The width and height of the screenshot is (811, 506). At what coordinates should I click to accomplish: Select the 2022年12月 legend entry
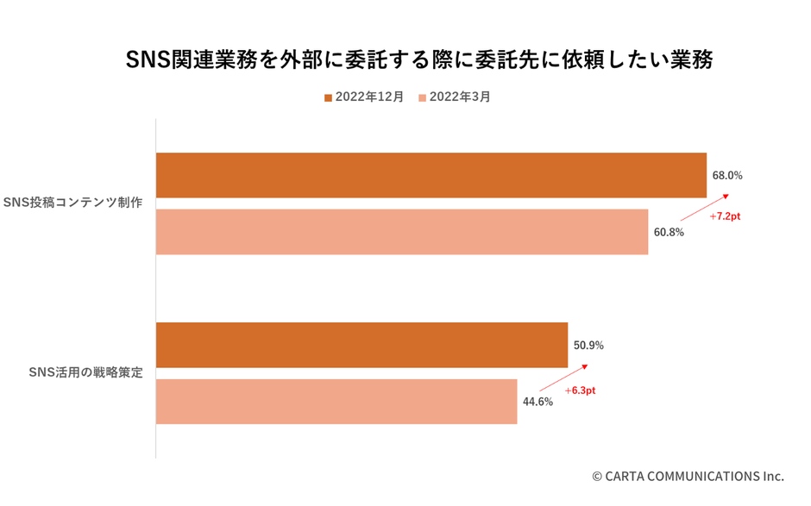click(x=368, y=97)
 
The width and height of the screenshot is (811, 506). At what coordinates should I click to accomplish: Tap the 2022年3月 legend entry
click(x=459, y=97)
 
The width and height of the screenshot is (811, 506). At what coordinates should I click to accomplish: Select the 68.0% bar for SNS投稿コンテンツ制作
click(x=431, y=175)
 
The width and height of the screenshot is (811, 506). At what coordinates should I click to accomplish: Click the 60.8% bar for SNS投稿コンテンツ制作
click(x=401, y=232)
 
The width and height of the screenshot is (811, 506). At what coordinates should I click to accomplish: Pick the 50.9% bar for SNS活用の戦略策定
click(x=361, y=345)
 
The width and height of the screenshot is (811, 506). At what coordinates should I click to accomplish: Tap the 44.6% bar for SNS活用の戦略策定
click(x=336, y=402)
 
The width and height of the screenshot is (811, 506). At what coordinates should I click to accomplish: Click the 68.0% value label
click(x=726, y=175)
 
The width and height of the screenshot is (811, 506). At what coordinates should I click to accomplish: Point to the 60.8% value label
click(x=669, y=232)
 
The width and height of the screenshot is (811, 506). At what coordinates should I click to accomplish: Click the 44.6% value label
click(x=538, y=402)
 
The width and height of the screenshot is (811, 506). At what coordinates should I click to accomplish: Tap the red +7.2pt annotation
click(x=725, y=216)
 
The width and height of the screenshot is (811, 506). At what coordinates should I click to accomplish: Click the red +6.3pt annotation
click(x=580, y=390)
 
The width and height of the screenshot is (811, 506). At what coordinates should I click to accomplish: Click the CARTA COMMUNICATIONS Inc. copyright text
click(x=688, y=476)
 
